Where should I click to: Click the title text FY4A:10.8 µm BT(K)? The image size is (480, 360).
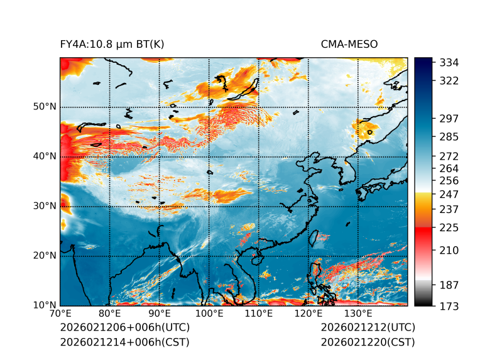coord(112,44)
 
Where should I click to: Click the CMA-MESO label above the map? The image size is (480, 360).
coord(349,44)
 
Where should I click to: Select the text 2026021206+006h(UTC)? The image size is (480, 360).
coord(124,327)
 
